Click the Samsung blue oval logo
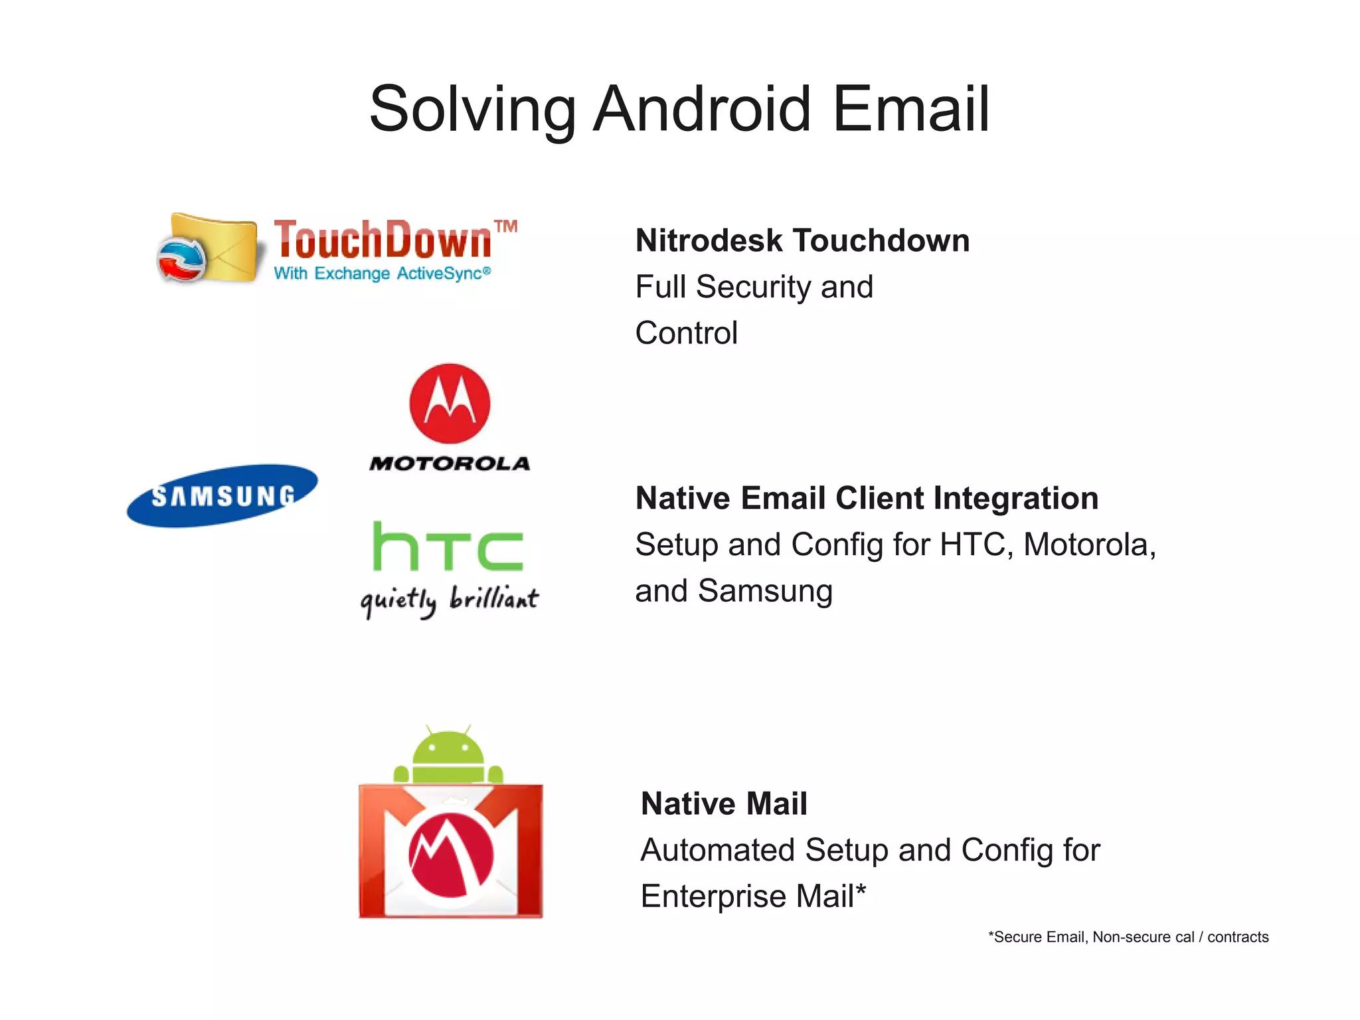[x=222, y=496]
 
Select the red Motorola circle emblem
[x=450, y=403]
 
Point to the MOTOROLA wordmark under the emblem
[x=450, y=464]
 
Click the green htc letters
[x=448, y=547]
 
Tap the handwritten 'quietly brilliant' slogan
[x=450, y=600]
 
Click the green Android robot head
[x=448, y=750]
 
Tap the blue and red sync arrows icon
[x=181, y=260]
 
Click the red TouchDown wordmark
[x=382, y=240]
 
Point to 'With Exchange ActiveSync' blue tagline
[x=382, y=274]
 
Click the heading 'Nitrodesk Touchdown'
[x=802, y=240]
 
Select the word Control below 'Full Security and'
[x=686, y=333]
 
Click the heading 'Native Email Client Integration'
[x=867, y=498]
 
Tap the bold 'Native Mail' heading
[x=724, y=804]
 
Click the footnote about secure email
[x=1128, y=937]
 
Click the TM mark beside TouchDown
[x=506, y=226]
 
